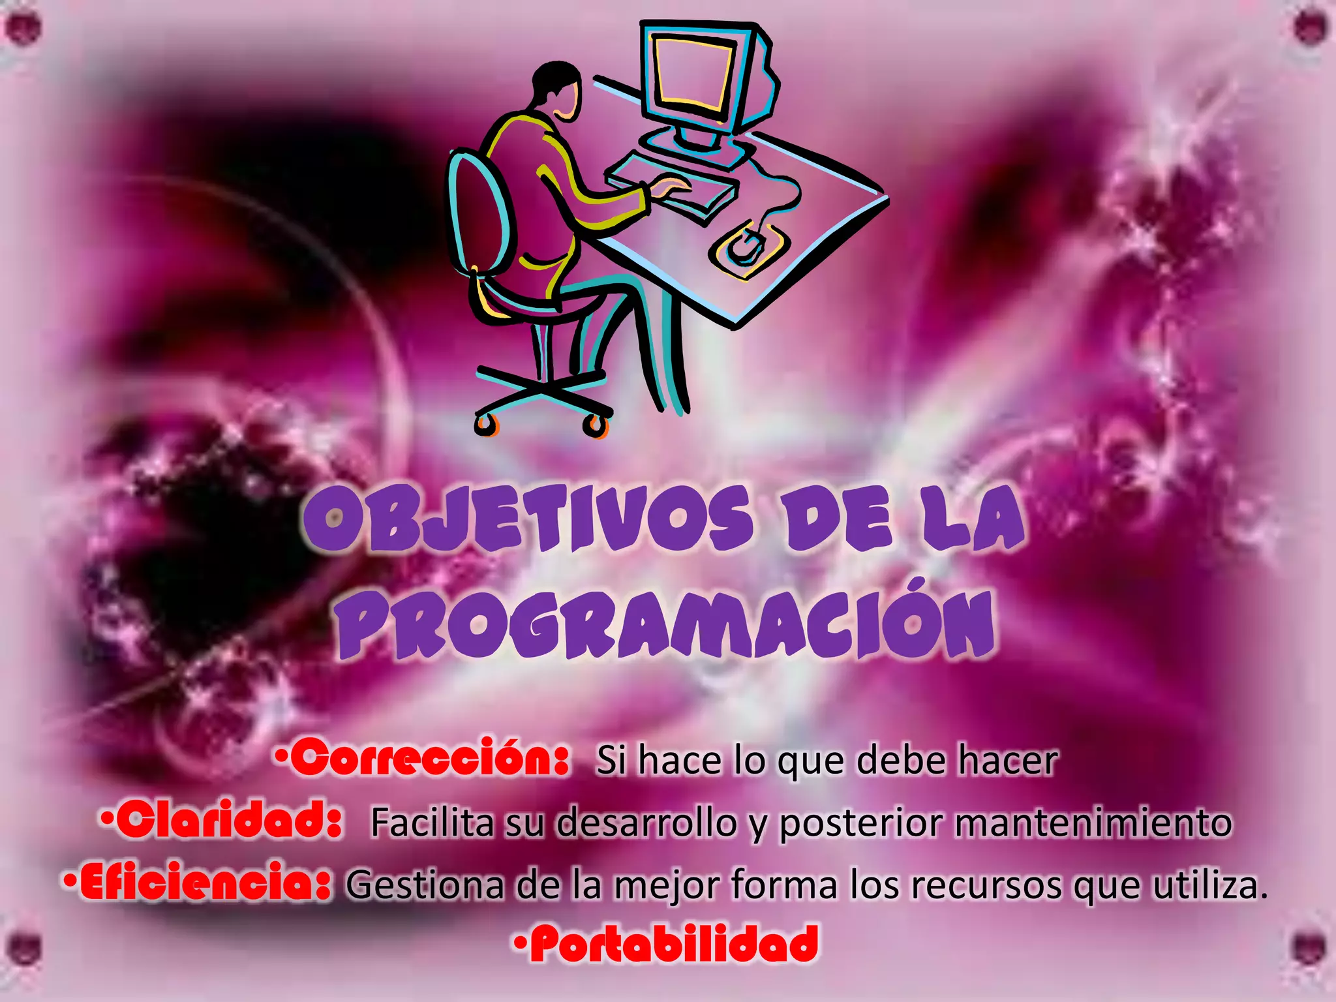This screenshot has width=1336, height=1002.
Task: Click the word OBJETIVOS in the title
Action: pyautogui.click(x=528, y=519)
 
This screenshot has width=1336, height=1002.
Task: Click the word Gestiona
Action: pyautogui.click(x=425, y=885)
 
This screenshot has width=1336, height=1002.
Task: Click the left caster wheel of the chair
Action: pyautogui.click(x=484, y=424)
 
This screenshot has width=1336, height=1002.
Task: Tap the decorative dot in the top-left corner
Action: pyautogui.click(x=24, y=28)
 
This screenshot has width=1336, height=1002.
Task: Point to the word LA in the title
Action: pyautogui.click(x=972, y=519)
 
